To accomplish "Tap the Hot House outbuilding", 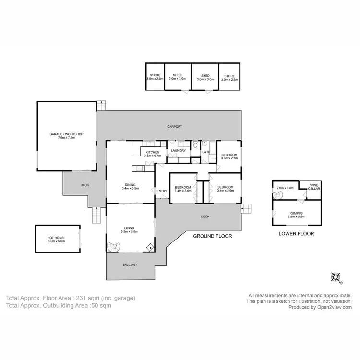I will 56,239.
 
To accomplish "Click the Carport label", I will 174,127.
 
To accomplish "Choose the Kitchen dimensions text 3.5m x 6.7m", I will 152,156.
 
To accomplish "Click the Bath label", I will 206,152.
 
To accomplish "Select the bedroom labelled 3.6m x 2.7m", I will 228,155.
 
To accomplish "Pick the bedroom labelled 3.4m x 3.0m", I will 183,189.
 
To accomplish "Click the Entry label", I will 162,191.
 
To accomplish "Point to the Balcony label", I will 130,265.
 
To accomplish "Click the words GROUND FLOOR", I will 212,236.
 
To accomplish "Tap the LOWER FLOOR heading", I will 296,234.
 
